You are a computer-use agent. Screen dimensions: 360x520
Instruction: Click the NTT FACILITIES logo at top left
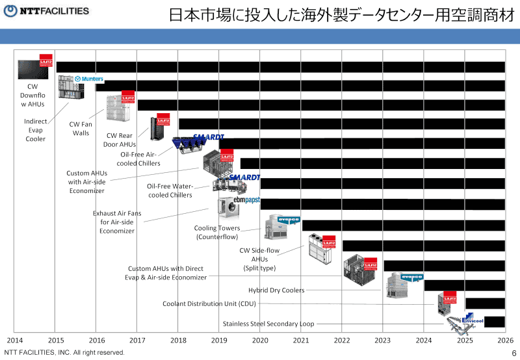[47, 11]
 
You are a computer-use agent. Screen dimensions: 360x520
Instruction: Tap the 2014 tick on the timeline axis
[15, 340]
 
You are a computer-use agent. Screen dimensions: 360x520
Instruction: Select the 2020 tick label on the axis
[260, 340]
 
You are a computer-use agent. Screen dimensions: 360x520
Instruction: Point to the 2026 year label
[506, 340]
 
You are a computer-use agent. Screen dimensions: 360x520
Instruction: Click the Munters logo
[90, 79]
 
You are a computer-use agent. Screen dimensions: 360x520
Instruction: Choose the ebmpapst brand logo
[246, 200]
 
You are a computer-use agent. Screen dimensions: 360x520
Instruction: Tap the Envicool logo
[472, 320]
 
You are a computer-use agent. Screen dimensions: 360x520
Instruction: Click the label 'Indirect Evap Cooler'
[35, 130]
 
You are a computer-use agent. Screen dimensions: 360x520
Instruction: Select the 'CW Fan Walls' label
[81, 128]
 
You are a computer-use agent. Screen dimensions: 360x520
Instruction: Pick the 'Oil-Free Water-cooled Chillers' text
[170, 190]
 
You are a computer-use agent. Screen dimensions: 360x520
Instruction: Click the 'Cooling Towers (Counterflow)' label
[217, 233]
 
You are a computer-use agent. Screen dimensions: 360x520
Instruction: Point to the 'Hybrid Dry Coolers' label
[276, 290]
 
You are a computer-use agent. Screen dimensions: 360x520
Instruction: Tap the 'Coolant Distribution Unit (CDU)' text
[209, 303]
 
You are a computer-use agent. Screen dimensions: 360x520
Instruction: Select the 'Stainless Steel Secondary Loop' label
[268, 324]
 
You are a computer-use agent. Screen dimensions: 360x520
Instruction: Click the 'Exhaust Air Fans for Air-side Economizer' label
[117, 222]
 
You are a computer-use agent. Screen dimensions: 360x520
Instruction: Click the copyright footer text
[64, 352]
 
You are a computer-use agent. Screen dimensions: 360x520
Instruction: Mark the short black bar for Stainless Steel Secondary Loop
[495, 322]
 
